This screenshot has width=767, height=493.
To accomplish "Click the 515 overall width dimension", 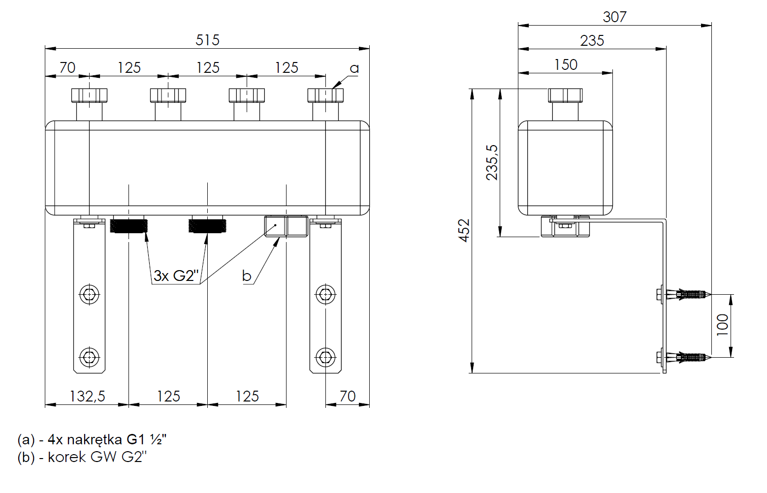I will (x=207, y=40).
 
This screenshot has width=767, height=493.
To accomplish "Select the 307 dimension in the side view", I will (x=614, y=17).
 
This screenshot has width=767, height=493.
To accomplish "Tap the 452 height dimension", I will (x=464, y=230).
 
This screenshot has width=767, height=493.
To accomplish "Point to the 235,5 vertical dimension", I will (x=492, y=162).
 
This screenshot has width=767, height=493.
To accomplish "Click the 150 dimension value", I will (x=566, y=64).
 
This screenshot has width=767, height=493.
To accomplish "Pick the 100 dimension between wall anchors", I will (x=723, y=325).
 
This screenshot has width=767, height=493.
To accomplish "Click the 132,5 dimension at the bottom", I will (x=87, y=396).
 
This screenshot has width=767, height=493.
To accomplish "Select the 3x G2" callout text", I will (x=176, y=276).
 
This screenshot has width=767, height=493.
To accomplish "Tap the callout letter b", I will (x=247, y=276).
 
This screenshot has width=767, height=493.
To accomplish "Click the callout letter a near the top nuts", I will (x=354, y=68).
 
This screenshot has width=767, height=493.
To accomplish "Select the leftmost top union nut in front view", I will (x=89, y=95).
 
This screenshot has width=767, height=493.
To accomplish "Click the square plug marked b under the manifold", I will (x=286, y=226).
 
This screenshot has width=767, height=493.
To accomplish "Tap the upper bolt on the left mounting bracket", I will (x=89, y=295).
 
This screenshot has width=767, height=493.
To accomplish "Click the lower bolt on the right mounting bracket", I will (x=325, y=357).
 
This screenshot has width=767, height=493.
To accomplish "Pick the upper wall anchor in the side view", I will (x=687, y=295).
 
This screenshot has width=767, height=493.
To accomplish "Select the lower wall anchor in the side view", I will (x=687, y=357).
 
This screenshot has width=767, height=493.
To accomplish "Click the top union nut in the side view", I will (x=565, y=95).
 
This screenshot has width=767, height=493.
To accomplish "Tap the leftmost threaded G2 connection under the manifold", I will (x=128, y=225).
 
